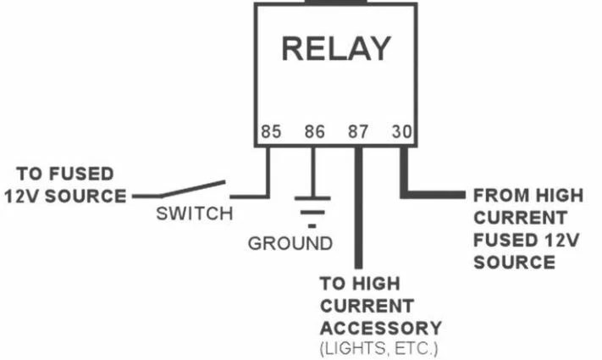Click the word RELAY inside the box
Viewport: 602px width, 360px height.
point(336,48)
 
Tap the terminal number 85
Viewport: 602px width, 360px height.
point(271,132)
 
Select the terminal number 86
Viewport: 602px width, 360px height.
point(314,132)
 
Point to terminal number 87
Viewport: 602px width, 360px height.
point(358,132)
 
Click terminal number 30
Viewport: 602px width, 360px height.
point(400,132)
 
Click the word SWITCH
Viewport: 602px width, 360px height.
point(194,213)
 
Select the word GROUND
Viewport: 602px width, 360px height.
point(290,244)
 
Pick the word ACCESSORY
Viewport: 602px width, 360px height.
point(381,327)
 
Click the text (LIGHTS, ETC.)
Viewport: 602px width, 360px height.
point(378,348)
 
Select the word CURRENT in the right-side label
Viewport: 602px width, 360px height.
point(520,218)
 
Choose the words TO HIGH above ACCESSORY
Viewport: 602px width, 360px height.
point(359,283)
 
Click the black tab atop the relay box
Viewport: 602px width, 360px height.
point(336,3)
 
